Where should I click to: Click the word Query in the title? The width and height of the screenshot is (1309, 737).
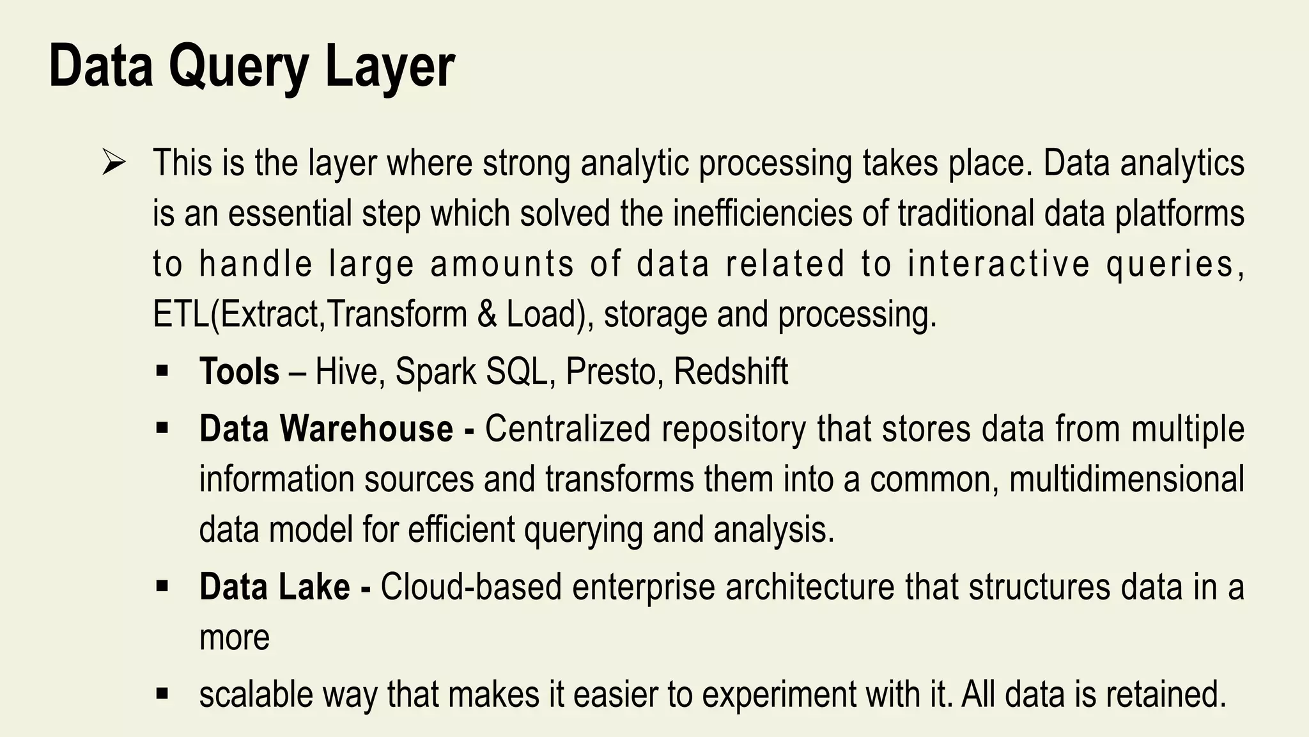point(240,68)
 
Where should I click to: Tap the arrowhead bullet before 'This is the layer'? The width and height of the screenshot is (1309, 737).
point(113,163)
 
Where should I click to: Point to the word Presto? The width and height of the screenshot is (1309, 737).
point(611,372)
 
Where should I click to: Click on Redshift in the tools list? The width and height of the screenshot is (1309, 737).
point(731,372)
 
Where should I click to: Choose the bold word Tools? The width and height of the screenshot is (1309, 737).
point(239,372)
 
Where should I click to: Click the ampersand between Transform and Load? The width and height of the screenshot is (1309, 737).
point(486,314)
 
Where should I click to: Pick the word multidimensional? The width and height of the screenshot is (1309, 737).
point(1126,479)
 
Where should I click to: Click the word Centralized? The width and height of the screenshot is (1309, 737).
point(567,429)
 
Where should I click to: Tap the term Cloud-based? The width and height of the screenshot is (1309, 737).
point(471,587)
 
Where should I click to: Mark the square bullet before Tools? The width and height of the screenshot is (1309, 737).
point(161,370)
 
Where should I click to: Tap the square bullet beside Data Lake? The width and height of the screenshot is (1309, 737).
point(161,585)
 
